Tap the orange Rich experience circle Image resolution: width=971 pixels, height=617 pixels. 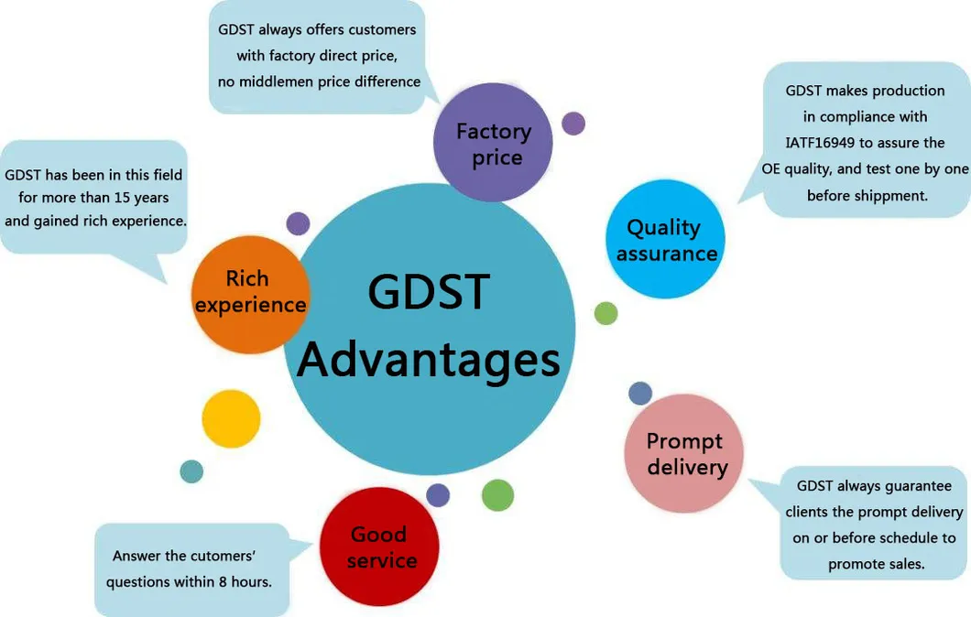coord(250,292)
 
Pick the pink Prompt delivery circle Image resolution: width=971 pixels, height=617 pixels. coord(684,453)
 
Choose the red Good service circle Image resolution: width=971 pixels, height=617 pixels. coord(379,547)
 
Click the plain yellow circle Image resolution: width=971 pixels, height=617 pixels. coord(231,419)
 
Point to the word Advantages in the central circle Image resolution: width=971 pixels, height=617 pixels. coord(428,359)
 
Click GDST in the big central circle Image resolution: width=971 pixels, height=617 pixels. coord(428,292)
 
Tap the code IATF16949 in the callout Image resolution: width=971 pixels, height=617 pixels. coord(824,144)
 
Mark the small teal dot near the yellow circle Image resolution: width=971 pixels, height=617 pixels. coord(191,471)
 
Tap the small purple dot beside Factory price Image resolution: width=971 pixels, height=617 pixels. coord(573,124)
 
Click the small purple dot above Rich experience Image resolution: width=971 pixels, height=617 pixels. coord(298,223)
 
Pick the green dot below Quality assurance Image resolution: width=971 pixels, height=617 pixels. coord(606,313)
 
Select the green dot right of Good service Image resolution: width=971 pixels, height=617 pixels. coord(497,494)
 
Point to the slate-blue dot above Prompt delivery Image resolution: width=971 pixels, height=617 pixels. coord(640,394)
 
